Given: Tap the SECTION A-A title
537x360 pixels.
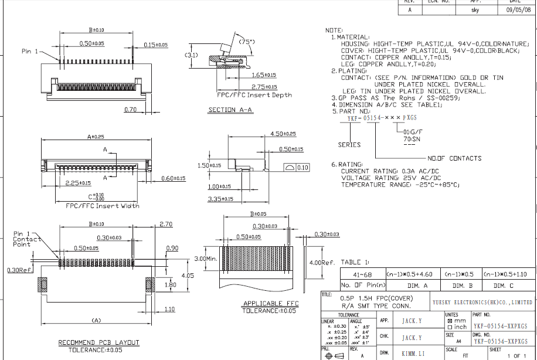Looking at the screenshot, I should [x=230, y=110].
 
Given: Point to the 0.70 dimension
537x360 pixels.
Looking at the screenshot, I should [x=131, y=109].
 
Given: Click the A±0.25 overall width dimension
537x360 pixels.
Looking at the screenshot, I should [x=96, y=136].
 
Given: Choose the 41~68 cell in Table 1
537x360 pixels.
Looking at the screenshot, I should [x=361, y=274].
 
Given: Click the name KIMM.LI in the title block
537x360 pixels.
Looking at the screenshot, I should [x=414, y=354].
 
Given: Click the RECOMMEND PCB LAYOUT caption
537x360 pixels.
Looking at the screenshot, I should [x=98, y=342].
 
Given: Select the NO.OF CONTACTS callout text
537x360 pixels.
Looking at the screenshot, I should [x=454, y=158].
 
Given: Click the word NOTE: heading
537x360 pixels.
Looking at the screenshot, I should [x=334, y=30].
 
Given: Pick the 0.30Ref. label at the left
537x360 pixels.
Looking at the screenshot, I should [x=19, y=270].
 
